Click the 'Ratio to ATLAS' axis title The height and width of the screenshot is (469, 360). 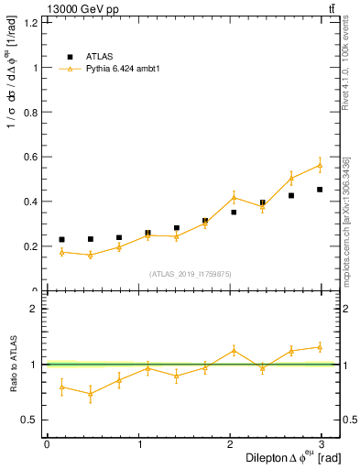12,364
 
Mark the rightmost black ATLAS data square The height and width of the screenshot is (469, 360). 320,190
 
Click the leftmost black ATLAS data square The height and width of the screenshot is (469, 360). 61,240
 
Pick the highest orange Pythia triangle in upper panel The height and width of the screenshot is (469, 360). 320,165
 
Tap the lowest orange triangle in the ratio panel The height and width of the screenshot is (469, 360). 90,394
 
